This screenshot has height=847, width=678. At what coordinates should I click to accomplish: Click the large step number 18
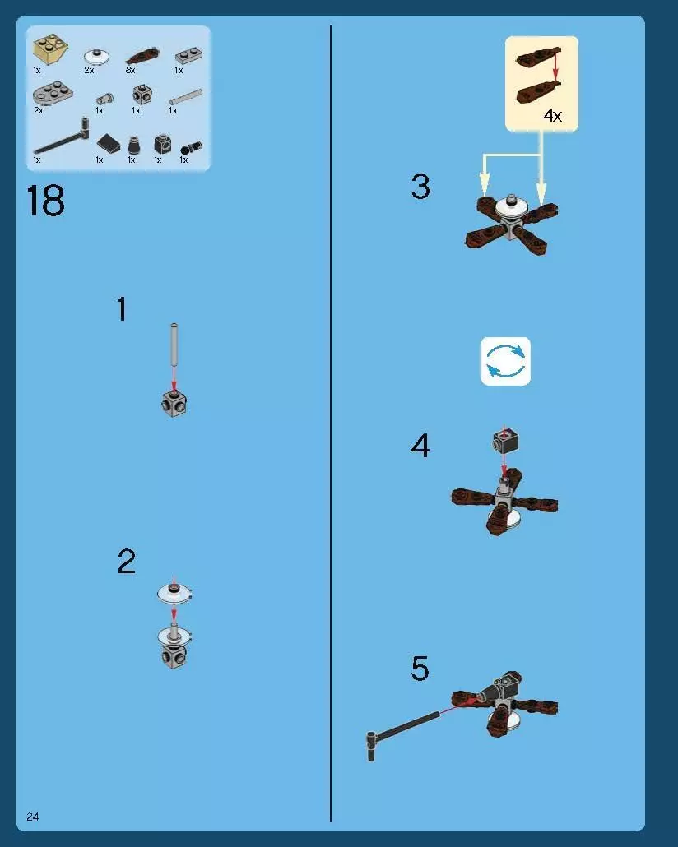45,201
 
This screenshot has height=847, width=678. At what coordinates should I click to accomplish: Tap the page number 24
32,817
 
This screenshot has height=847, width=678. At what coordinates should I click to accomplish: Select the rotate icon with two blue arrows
505,361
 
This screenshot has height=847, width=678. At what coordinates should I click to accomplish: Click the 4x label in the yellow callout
553,115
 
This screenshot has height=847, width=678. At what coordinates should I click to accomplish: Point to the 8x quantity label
130,70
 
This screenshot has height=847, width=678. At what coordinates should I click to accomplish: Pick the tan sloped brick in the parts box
50,49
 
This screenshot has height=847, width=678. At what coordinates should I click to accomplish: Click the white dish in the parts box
98,56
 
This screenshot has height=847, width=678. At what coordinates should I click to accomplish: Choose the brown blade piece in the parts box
142,56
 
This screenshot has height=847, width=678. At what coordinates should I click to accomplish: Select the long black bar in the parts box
61,138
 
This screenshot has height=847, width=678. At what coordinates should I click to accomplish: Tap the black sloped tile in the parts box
109,143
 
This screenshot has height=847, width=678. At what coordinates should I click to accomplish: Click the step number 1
123,309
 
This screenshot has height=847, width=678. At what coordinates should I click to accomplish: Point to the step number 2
127,562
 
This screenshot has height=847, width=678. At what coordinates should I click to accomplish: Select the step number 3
420,187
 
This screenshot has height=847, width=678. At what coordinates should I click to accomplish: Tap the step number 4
420,446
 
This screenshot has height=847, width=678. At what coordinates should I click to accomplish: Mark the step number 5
420,669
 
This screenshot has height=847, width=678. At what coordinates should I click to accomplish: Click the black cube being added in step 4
505,441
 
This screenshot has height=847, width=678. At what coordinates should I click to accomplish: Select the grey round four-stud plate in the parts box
53,94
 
